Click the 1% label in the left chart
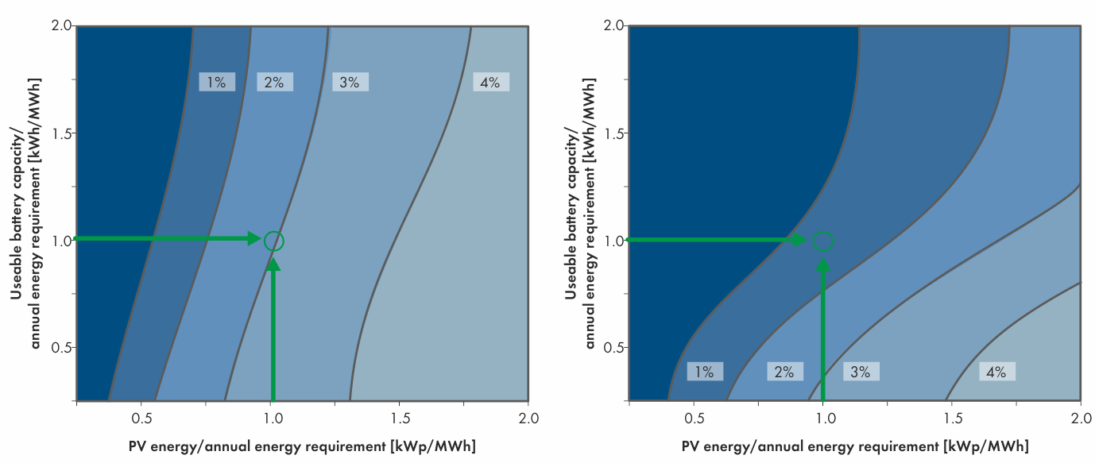(217, 82)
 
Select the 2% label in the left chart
(274, 82)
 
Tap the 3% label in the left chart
(350, 82)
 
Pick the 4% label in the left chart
(490, 82)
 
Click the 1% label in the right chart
(705, 372)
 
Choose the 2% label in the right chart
(784, 372)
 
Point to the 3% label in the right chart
(861, 372)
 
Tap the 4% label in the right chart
(996, 372)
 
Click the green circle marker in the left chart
(273, 240)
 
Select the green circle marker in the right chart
(823, 240)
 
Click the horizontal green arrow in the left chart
(167, 238)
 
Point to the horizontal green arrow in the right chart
(715, 239)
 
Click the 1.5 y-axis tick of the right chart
(613, 133)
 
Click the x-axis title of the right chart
(854, 445)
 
